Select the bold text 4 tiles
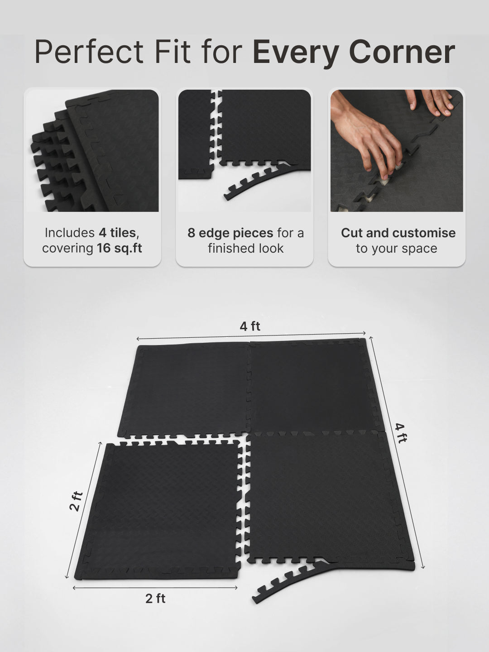117,233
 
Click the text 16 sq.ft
120,248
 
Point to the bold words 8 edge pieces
230,233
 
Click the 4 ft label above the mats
250,326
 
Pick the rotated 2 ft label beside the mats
76,501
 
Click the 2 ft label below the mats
155,599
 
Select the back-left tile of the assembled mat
186,389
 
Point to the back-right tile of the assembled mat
310,385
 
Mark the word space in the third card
421,248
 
